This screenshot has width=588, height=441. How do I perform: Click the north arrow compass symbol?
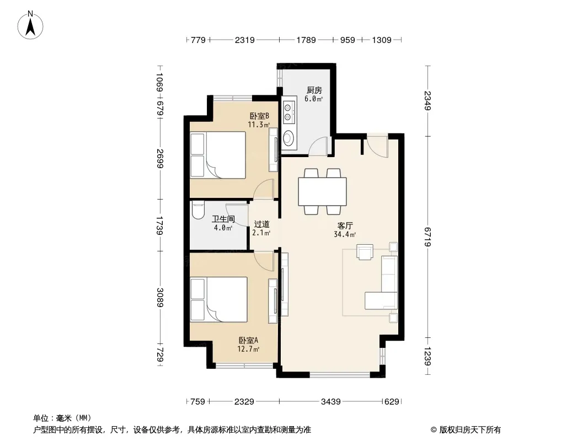tap(30, 25)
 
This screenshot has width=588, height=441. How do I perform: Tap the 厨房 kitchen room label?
tap(314, 90)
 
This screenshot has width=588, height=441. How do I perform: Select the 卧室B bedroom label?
tap(259, 116)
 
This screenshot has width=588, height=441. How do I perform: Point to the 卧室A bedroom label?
tap(248, 340)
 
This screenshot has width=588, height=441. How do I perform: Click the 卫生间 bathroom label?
tap(223, 219)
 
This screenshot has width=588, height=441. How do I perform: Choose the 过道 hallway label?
tap(262, 224)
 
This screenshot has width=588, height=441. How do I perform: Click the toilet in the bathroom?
tap(197, 211)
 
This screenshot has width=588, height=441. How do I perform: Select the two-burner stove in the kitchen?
tap(288, 112)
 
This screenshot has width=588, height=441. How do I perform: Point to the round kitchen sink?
tap(288, 138)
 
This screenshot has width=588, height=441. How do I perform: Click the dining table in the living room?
tap(322, 191)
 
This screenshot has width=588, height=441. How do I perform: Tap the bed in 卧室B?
tap(218, 154)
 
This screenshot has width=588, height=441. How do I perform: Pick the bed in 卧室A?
tap(218, 299)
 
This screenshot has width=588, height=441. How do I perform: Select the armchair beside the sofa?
tap(365, 252)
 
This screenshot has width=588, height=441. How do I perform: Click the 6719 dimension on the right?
tap(428, 236)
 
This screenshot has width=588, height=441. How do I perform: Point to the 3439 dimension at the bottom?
tap(330, 402)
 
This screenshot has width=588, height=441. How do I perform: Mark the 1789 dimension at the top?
tap(306, 40)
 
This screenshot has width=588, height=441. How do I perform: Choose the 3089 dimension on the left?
tap(160, 297)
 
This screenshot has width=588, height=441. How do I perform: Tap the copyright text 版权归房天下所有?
tap(470, 430)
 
